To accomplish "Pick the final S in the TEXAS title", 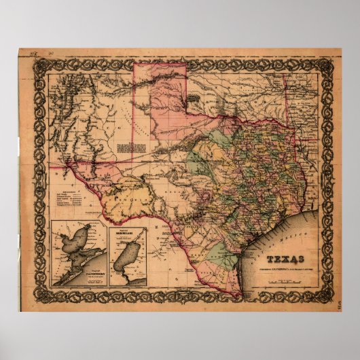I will pos(300,258).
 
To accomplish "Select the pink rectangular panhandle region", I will pos(160,95).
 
